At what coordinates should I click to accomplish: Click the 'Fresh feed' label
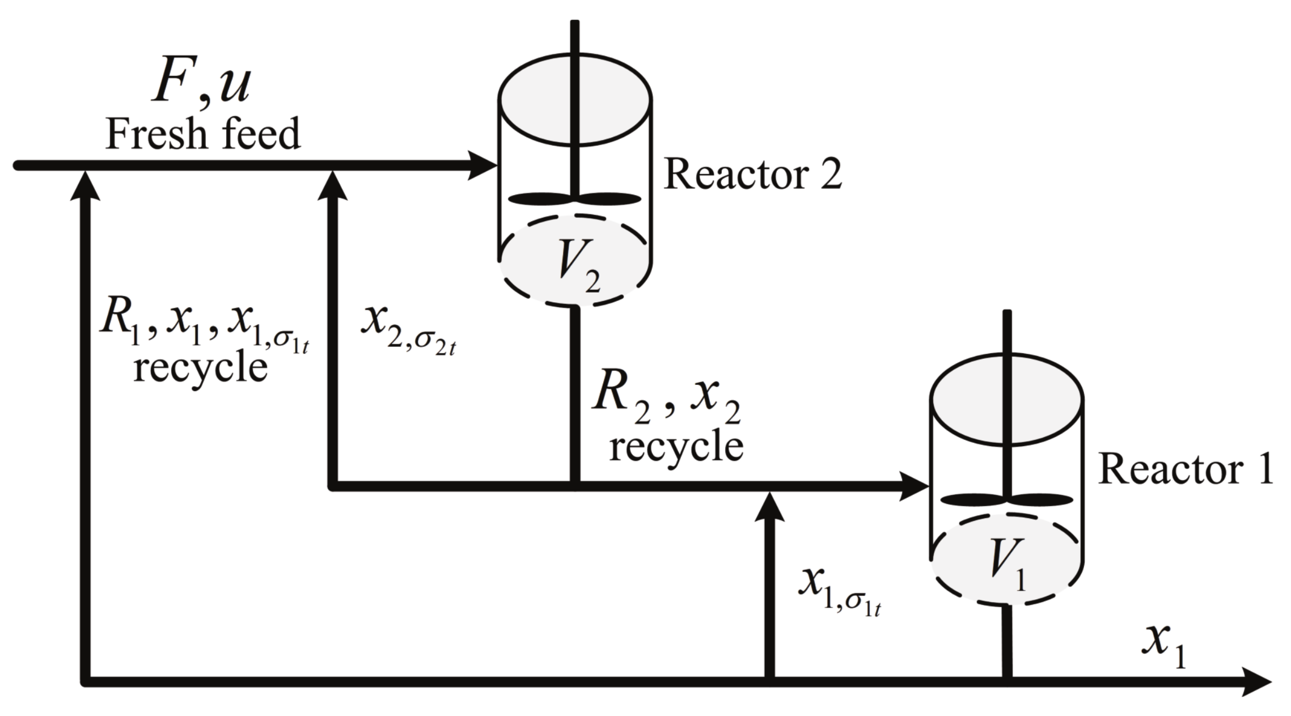point(202,135)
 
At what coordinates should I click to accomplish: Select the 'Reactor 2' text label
point(752,174)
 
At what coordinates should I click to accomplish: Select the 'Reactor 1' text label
point(1186,470)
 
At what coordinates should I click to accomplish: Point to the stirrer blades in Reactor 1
point(1006,499)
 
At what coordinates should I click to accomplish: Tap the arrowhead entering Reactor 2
point(482,166)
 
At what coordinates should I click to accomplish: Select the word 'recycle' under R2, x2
point(676,446)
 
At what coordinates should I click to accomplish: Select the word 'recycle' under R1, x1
point(200,368)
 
